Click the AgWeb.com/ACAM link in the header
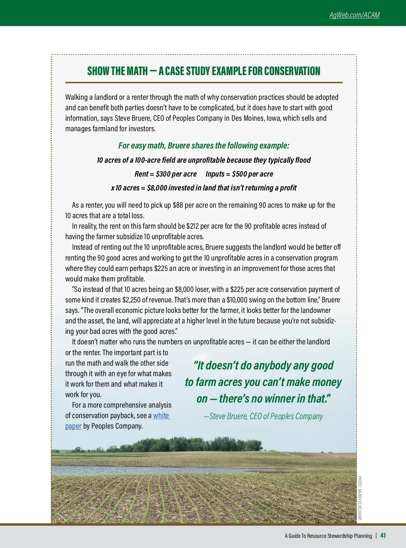tap(354, 15)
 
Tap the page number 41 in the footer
tap(383, 535)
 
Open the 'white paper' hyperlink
tap(161, 416)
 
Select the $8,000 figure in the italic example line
tap(157, 188)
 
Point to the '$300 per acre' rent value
tap(176, 174)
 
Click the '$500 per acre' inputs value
tap(252, 174)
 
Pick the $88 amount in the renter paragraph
tap(178, 205)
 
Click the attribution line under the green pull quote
tap(263, 416)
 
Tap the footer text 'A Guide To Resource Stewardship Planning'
tap(328, 536)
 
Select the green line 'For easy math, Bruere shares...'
tap(204, 145)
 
